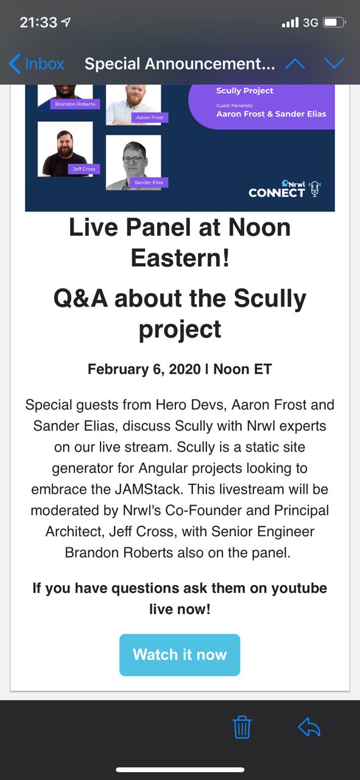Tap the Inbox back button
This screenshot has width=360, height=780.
click(x=37, y=64)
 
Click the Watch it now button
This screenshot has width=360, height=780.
click(x=180, y=654)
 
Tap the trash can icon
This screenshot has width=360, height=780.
click(x=242, y=727)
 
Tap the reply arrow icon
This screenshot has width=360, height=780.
click(x=309, y=727)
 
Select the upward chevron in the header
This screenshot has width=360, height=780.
click(x=295, y=64)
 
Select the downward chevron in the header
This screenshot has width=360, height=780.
click(x=334, y=63)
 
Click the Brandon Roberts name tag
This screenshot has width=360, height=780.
click(x=75, y=104)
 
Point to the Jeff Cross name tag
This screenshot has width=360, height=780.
click(x=83, y=169)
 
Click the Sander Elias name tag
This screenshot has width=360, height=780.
click(x=149, y=182)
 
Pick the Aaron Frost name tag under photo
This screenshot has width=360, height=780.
click(x=149, y=118)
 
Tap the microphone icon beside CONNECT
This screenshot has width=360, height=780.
click(x=315, y=189)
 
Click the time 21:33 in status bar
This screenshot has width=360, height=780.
click(x=38, y=23)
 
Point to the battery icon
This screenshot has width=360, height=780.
click(x=334, y=23)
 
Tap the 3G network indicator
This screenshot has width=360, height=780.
click(x=310, y=23)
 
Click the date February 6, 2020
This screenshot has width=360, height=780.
click(x=144, y=369)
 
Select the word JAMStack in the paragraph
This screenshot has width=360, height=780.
click(x=148, y=489)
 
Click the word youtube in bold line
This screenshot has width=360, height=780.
click(x=299, y=588)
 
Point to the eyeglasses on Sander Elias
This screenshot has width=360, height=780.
click(x=134, y=160)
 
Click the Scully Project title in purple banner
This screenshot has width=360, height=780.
click(x=244, y=91)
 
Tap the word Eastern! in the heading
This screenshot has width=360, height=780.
click(x=180, y=258)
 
